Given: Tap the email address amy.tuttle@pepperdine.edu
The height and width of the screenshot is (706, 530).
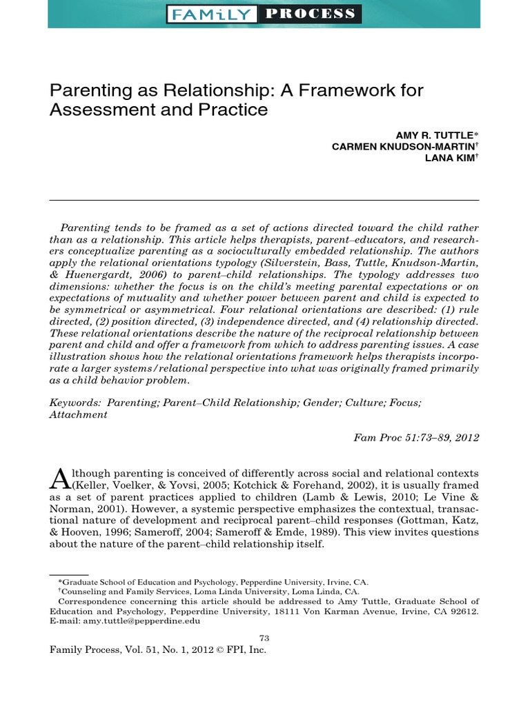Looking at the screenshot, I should (x=141, y=621).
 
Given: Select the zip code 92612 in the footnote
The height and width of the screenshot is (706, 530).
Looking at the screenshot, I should (x=464, y=611).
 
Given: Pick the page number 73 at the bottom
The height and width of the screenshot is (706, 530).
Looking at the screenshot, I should (x=264, y=638).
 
